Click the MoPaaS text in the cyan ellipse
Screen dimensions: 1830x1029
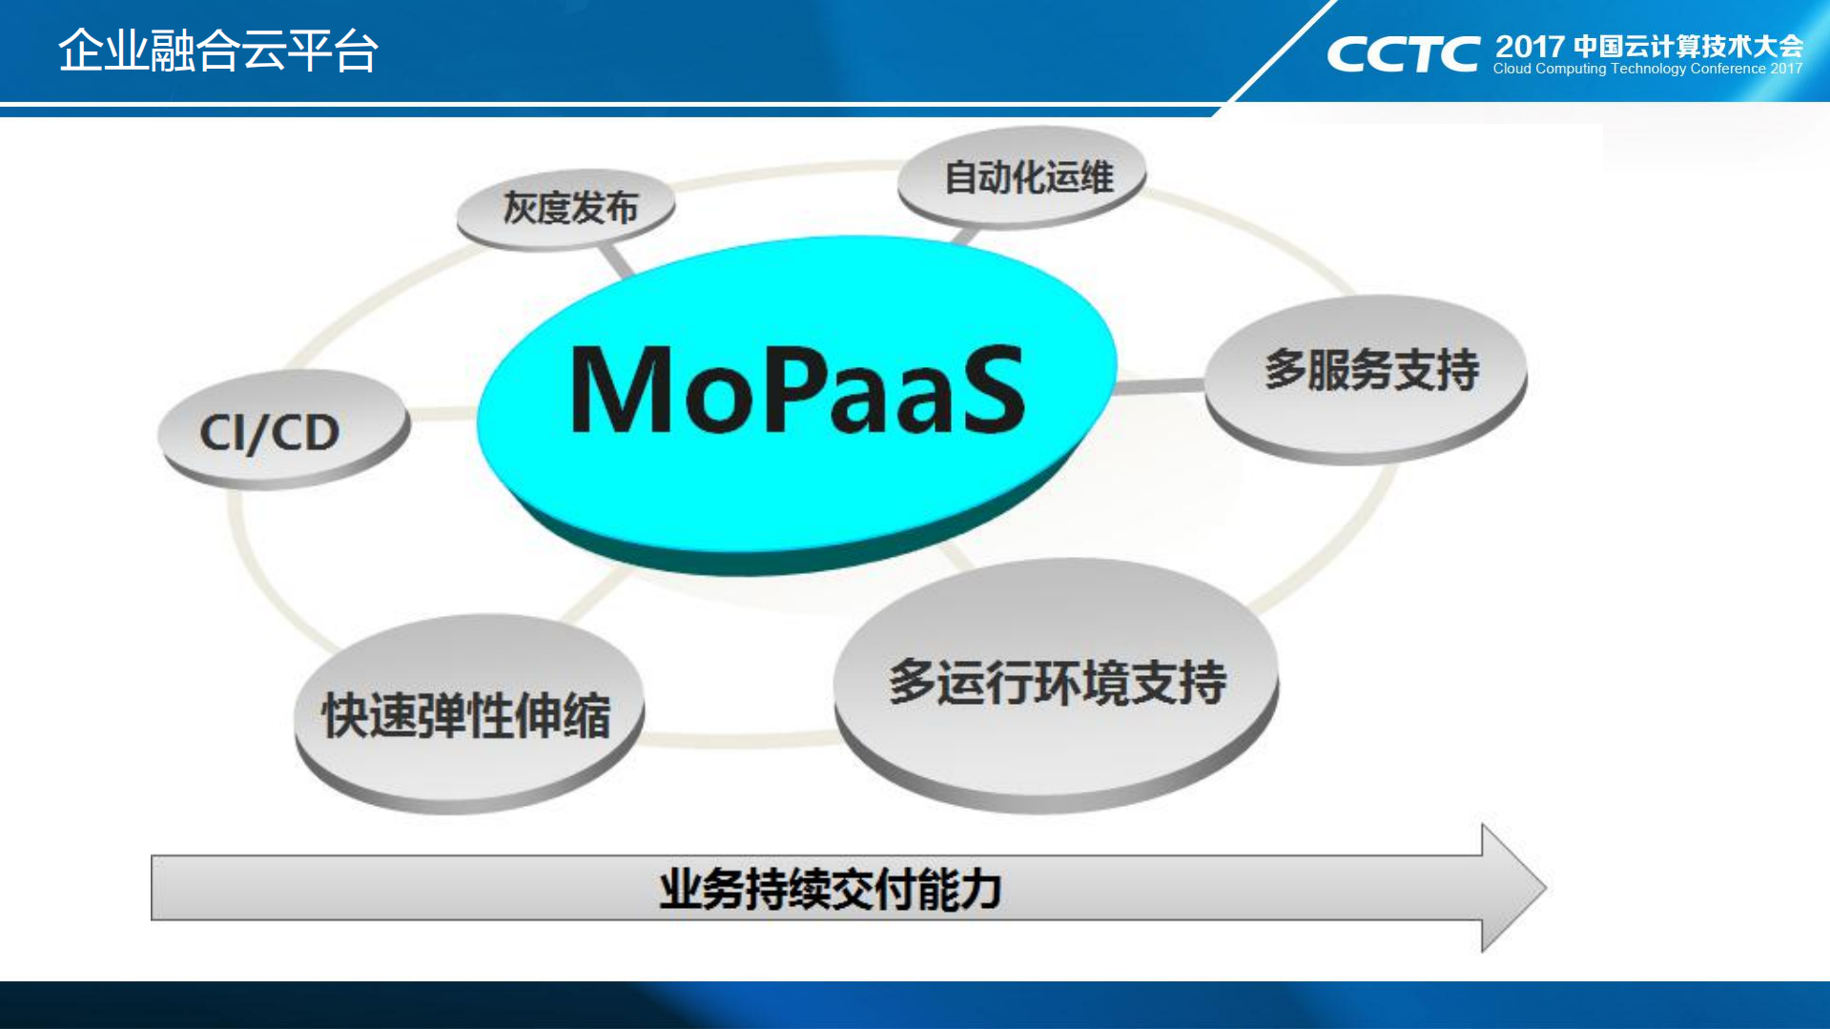click(797, 389)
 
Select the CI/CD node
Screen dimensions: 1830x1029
click(284, 429)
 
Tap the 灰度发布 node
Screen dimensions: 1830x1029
click(566, 209)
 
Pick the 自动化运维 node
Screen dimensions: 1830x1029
click(1021, 177)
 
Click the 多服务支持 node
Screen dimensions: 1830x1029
click(1366, 379)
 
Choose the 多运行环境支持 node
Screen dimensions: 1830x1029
click(1056, 685)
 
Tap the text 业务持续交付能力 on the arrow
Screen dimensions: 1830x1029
click(830, 889)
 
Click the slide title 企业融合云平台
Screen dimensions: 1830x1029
click(218, 51)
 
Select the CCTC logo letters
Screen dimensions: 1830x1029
click(1403, 54)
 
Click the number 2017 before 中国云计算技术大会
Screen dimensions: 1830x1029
click(1530, 46)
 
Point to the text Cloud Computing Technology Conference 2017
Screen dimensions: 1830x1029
click(1648, 69)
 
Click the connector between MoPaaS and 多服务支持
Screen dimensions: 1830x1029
click(1160, 386)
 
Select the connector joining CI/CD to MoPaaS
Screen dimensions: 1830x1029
click(442, 413)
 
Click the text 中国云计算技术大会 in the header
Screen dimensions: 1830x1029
click(1689, 46)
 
